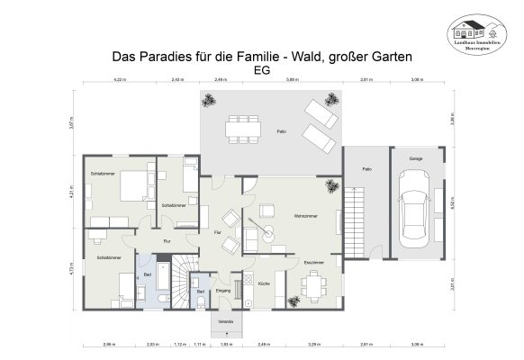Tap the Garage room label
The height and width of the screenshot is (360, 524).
[x=415, y=158]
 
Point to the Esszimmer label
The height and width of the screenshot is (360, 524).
[x=313, y=262]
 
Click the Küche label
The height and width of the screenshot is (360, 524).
[x=264, y=283]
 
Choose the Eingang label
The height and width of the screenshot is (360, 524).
[x=224, y=291]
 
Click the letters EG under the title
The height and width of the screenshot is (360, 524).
[x=262, y=70]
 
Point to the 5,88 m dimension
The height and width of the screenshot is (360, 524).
[x=293, y=80]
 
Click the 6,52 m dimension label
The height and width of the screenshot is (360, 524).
[x=452, y=205]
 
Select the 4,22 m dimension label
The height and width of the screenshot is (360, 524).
[x=118, y=80]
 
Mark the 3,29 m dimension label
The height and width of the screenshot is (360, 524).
[x=313, y=344]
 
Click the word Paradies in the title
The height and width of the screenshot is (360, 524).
[x=165, y=56]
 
